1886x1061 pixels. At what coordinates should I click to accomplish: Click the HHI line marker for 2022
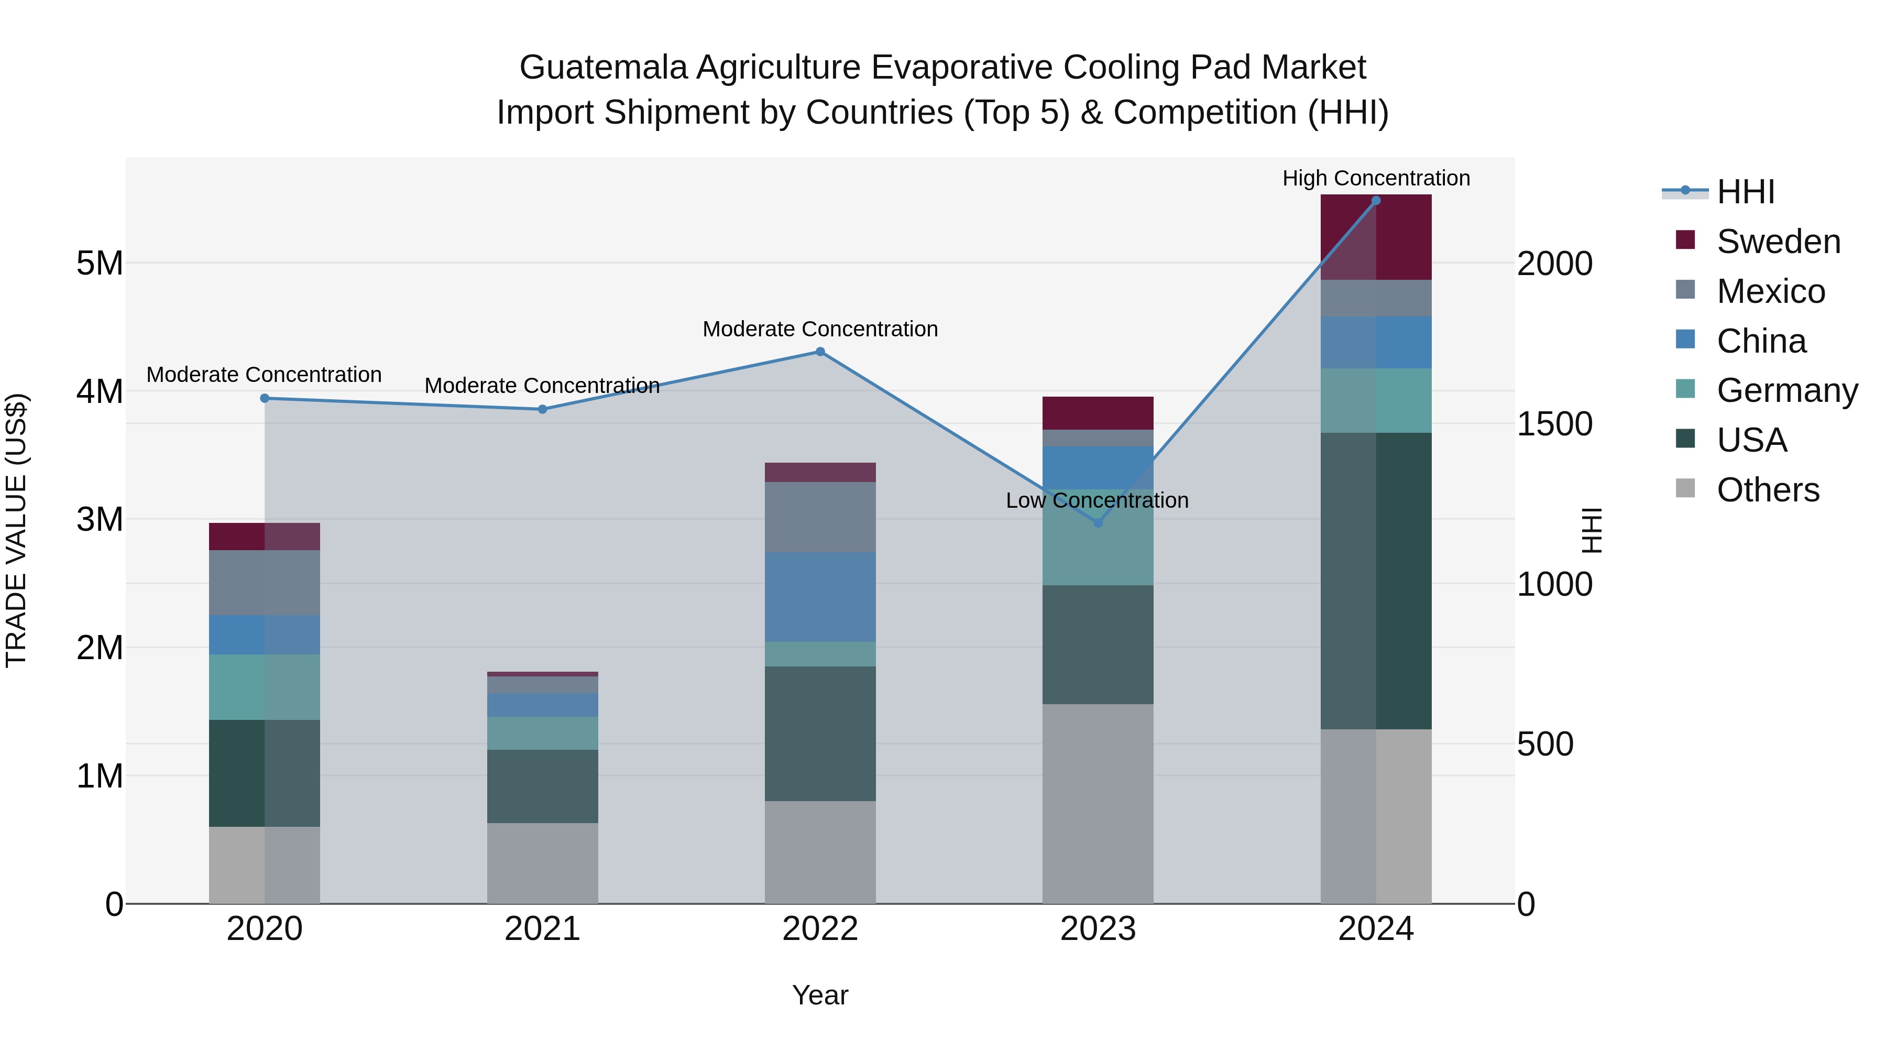[x=820, y=352]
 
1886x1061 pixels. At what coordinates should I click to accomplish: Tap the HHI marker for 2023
[x=1098, y=523]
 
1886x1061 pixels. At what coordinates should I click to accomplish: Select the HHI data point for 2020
[x=265, y=398]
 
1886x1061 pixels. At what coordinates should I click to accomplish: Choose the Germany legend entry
[x=1786, y=390]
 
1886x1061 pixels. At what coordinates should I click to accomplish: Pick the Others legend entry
[x=1768, y=490]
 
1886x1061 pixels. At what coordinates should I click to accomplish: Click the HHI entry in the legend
[x=1746, y=192]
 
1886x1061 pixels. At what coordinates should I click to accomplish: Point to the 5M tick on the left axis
[x=100, y=263]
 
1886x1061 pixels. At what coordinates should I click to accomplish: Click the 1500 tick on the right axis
[x=1554, y=424]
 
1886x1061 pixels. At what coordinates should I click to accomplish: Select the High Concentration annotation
[x=1376, y=178]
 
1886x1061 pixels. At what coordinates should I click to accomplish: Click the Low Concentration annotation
[x=1096, y=500]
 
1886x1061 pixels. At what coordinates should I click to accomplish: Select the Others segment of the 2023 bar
[x=1098, y=803]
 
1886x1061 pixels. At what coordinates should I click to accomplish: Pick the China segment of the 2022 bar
[x=820, y=597]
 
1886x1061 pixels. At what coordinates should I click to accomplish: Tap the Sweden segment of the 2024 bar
[x=1376, y=237]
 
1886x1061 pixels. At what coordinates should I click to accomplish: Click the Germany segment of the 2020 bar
[x=265, y=687]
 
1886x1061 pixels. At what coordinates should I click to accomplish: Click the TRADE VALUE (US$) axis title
[x=16, y=530]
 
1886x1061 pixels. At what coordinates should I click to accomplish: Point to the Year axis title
[x=820, y=995]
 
